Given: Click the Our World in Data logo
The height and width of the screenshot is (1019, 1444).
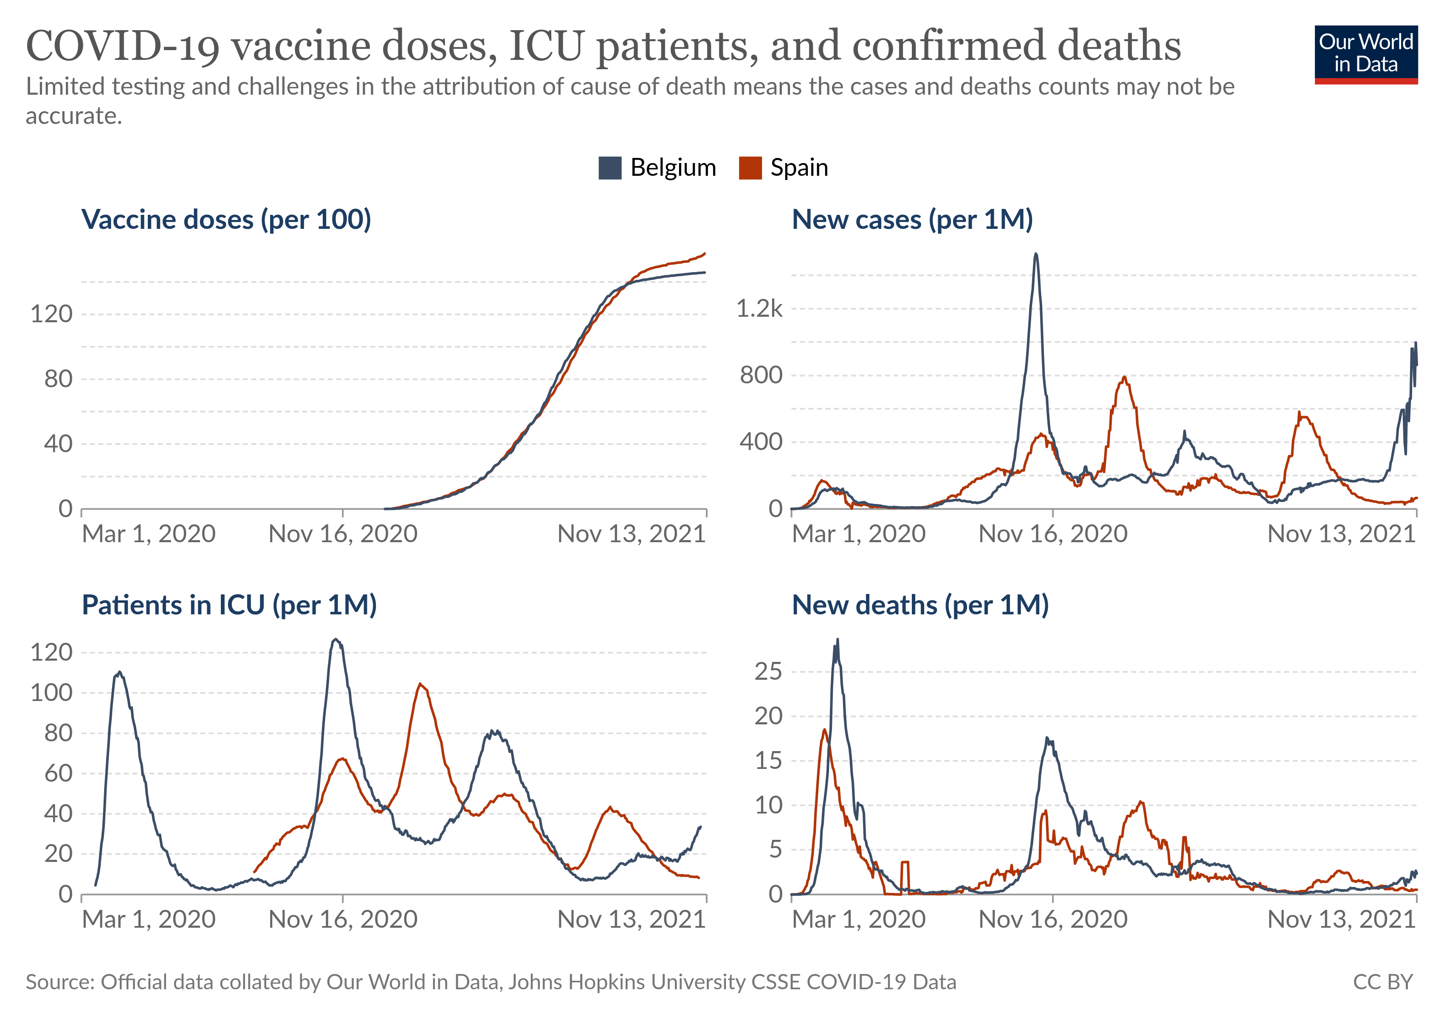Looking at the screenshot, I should pyautogui.click(x=1365, y=54).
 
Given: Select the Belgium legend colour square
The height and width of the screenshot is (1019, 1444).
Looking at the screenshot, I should pyautogui.click(x=609, y=168).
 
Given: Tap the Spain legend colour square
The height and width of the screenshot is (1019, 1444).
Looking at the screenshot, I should pyautogui.click(x=750, y=168).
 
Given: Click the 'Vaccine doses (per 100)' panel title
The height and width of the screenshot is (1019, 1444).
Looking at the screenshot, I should pyautogui.click(x=226, y=220).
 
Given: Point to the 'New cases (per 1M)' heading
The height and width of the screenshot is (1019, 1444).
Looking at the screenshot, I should pyautogui.click(x=912, y=220).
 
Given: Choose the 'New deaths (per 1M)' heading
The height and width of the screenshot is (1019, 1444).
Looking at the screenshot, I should pyautogui.click(x=919, y=605).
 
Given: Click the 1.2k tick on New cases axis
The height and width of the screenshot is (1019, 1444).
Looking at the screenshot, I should pyautogui.click(x=759, y=309).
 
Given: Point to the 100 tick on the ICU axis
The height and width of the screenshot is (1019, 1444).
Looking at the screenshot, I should pyautogui.click(x=51, y=693).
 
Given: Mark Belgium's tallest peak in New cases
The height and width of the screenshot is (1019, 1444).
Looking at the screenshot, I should pyautogui.click(x=1036, y=255).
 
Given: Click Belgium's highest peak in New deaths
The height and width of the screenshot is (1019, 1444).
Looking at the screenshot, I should pyautogui.click(x=837, y=640).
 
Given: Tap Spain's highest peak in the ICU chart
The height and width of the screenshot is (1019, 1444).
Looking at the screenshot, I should pyautogui.click(x=420, y=684).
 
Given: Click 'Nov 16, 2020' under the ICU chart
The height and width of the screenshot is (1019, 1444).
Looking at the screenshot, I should pyautogui.click(x=343, y=920).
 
